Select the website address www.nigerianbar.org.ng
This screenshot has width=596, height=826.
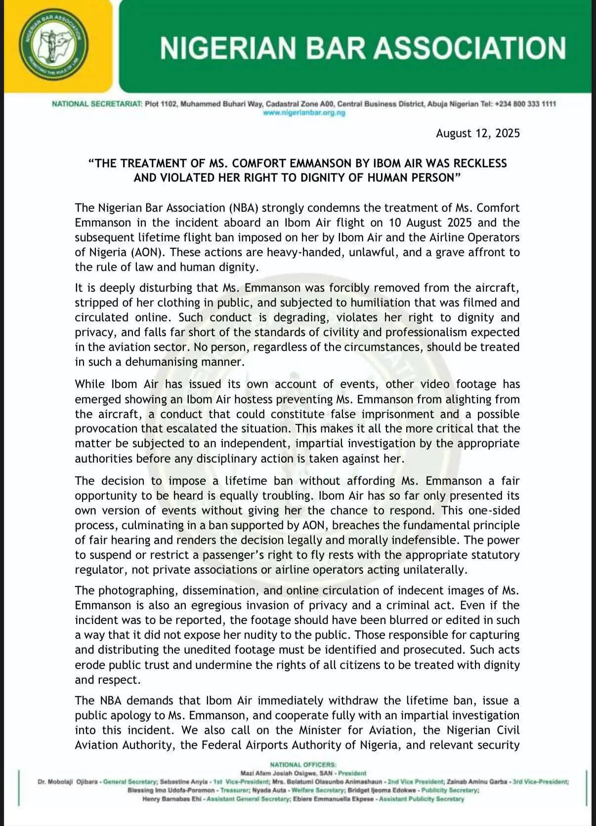[304, 113]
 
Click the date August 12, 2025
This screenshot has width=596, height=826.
[477, 133]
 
